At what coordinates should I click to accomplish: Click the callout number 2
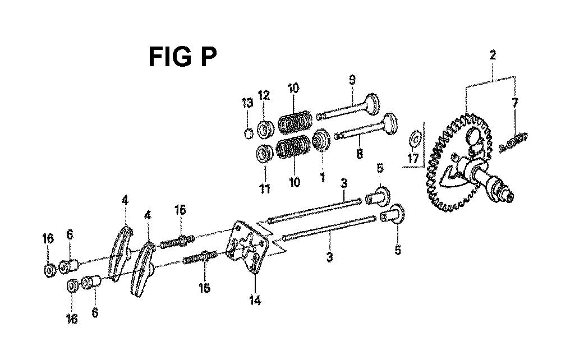pyautogui.click(x=493, y=55)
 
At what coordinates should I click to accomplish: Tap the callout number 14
pyautogui.click(x=255, y=301)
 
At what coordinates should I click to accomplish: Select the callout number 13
pyautogui.click(x=247, y=103)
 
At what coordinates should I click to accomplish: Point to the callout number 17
pyautogui.click(x=413, y=158)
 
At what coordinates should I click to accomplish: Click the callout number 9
pyautogui.click(x=352, y=80)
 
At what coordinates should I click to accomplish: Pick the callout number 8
pyautogui.click(x=360, y=154)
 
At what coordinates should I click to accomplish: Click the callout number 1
pyautogui.click(x=323, y=177)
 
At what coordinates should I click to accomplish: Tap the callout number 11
pyautogui.click(x=265, y=188)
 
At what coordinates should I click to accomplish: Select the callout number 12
pyautogui.click(x=264, y=95)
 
